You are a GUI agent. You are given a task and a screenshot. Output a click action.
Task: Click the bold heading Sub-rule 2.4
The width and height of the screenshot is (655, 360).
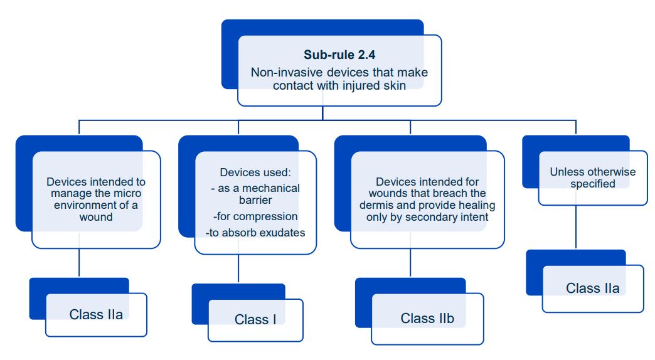coord(339,55)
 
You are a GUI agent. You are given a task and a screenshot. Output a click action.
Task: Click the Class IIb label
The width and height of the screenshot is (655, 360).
coord(427,319)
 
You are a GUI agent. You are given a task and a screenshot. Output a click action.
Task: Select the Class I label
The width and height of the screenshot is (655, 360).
coord(255,320)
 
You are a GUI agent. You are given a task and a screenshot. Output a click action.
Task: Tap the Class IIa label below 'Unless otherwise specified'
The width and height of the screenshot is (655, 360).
coord(592,288)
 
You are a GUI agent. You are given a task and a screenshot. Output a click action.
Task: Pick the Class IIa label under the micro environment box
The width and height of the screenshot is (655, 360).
coord(96,314)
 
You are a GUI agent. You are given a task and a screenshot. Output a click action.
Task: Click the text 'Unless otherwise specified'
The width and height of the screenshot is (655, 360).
coord(592,177)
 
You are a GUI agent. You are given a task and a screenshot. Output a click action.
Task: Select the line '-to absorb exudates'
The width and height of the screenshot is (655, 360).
coord(255,233)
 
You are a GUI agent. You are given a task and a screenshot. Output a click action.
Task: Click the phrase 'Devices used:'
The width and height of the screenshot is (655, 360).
coord(255,172)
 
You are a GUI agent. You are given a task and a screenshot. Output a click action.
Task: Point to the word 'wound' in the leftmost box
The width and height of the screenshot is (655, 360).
coord(96,217)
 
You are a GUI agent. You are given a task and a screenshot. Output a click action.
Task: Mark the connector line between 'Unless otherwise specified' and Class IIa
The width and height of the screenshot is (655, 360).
coord(576,227)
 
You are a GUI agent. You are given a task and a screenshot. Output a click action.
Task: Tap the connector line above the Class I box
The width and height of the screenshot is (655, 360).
coord(238,268)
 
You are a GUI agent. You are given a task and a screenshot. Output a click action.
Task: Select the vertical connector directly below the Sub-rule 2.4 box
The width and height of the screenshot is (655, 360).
coord(322,112)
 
